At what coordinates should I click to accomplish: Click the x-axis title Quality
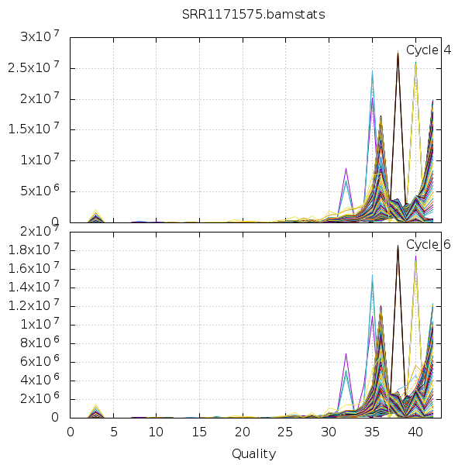tap(253, 453)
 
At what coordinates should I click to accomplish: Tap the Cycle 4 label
tap(429, 50)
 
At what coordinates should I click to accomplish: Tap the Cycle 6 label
tap(429, 245)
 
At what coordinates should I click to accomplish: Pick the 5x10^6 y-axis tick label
tap(40, 192)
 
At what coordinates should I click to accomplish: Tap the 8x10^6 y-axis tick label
tap(40, 343)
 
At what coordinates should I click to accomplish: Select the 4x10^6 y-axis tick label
tap(40, 381)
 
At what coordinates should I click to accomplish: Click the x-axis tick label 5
tap(114, 432)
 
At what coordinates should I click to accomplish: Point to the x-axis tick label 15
tap(200, 432)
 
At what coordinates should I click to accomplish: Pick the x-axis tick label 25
tap(286, 432)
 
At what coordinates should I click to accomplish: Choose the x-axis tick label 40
tap(415, 432)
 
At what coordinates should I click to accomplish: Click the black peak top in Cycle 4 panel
tap(398, 53)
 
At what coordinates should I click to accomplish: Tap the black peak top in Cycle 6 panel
tap(398, 246)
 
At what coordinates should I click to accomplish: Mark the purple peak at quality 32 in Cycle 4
tap(346, 168)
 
